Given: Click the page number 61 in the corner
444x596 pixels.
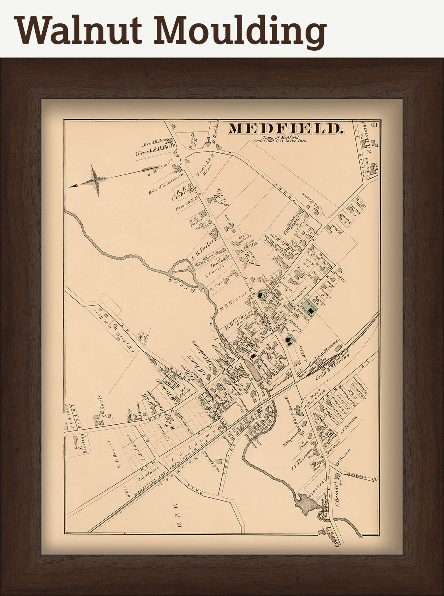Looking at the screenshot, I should [x=374, y=125].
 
